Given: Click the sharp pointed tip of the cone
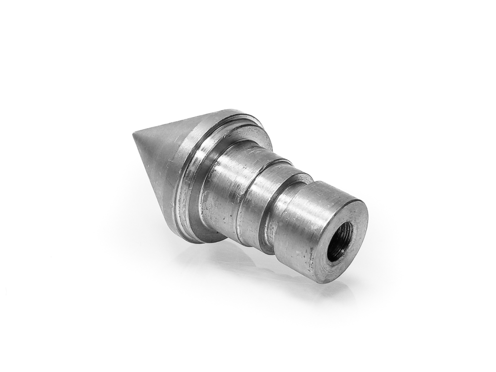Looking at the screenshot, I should [x=134, y=133].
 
